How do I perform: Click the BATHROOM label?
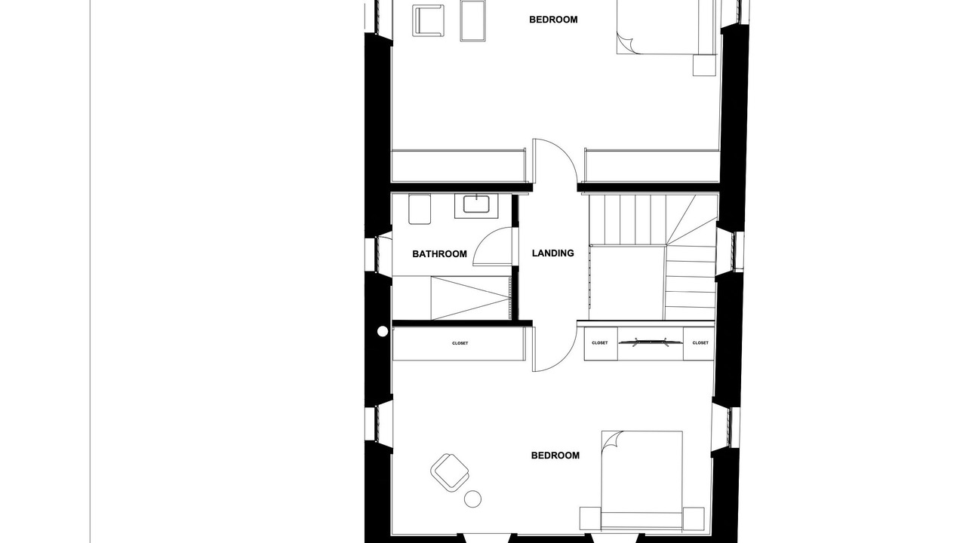pos(439,254)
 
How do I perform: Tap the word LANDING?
pos(553,253)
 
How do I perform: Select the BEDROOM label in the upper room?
pos(553,20)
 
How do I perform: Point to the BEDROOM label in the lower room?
pos(555,456)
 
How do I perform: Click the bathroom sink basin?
pos(476,204)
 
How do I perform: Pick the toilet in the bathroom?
pos(420,209)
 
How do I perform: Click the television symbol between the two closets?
pos(651,343)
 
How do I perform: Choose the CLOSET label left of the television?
pos(600,343)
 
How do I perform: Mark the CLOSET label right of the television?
pos(700,343)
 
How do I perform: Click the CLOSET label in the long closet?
pos(460,343)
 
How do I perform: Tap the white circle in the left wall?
pos(383,331)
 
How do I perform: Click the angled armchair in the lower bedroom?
pos(450,473)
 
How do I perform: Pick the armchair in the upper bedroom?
pos(428,20)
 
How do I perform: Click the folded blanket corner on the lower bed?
pos(612,441)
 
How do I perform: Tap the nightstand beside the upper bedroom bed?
pos(705,65)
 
